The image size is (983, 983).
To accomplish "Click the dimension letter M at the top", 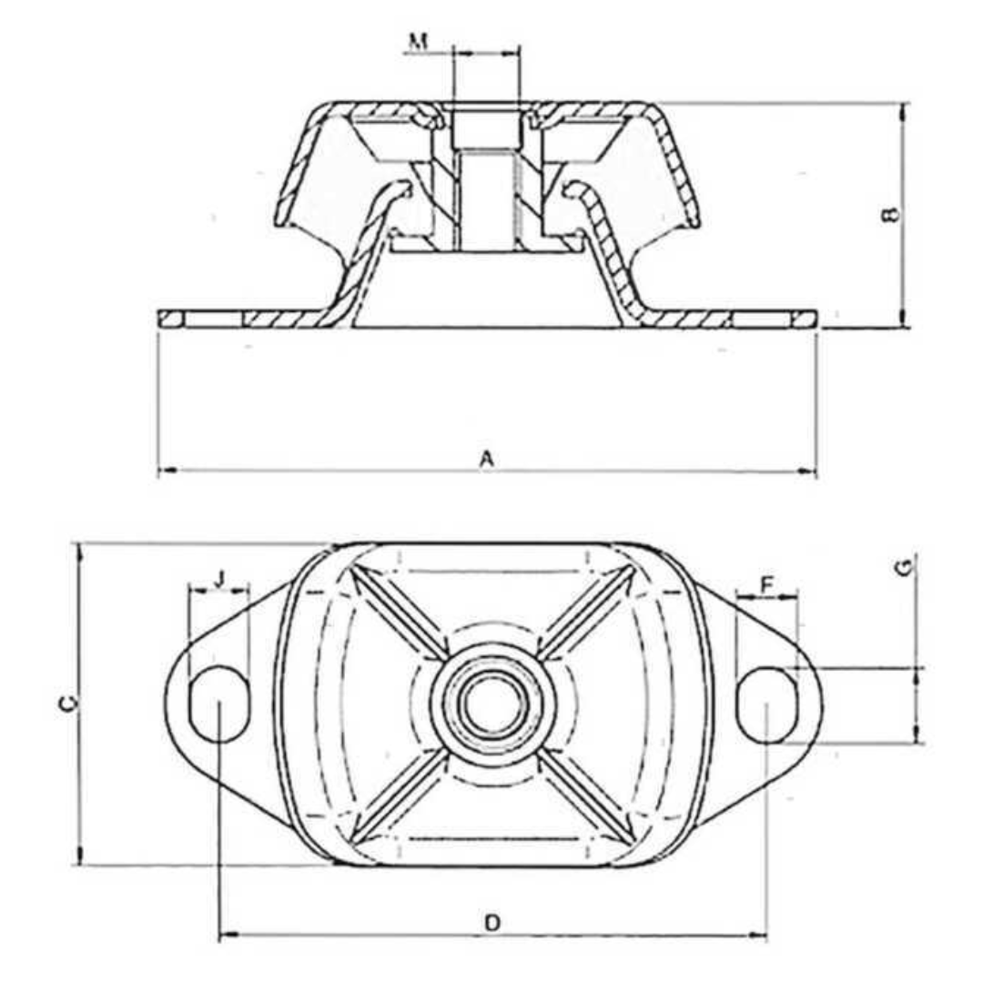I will click(x=418, y=40).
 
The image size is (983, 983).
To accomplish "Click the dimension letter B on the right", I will click(x=891, y=215).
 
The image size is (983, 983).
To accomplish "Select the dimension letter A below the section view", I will click(x=487, y=460).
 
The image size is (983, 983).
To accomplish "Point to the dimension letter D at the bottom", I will click(x=491, y=923).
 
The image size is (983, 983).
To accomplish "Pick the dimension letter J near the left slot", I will click(x=219, y=577).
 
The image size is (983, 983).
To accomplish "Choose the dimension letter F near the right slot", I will click(x=766, y=584).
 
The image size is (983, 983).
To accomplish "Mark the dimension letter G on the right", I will click(x=903, y=568).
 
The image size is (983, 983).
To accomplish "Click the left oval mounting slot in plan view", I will click(x=219, y=704).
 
